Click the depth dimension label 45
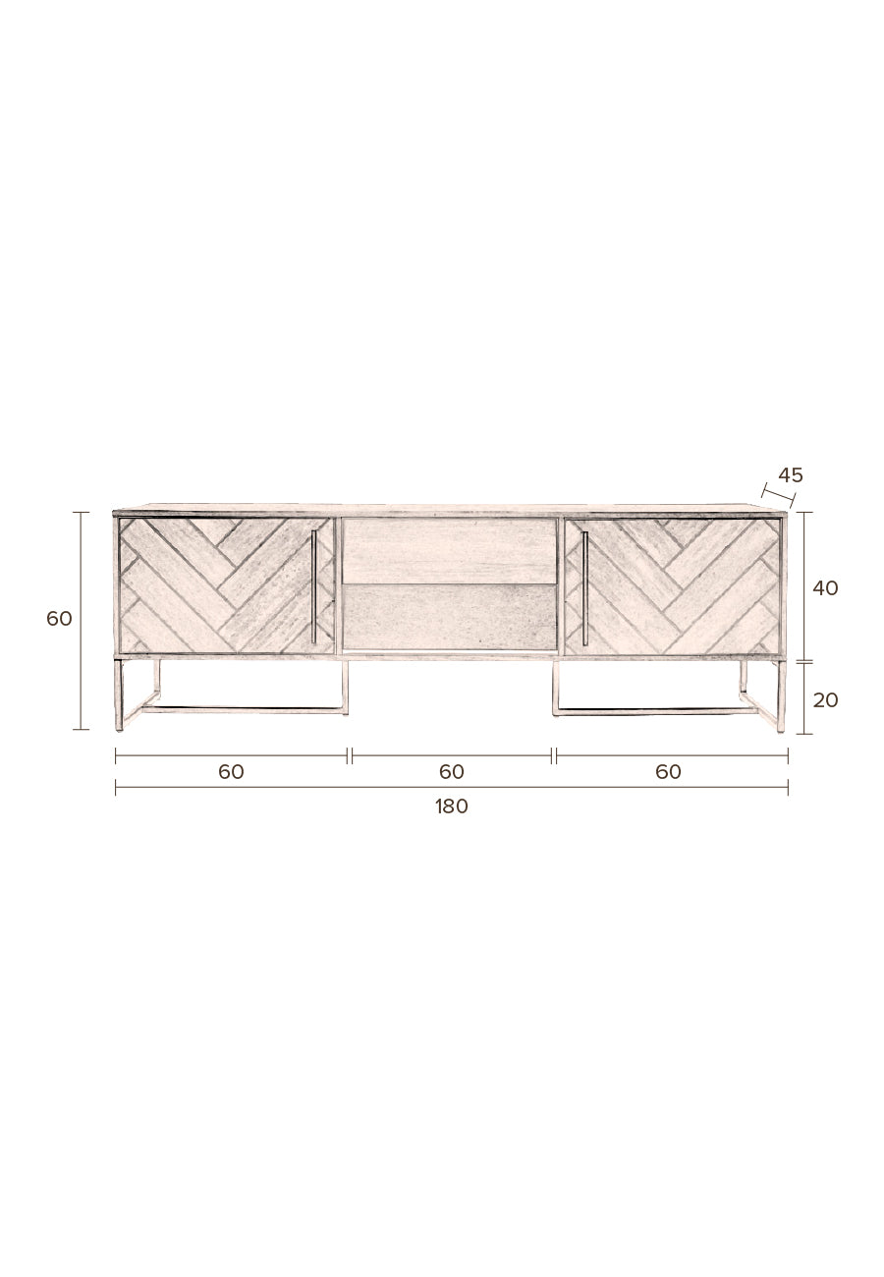pos(790,475)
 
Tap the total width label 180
pos(452,806)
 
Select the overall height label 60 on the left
pos(60,619)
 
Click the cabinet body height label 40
pos(825,588)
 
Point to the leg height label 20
pos(825,699)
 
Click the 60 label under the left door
pos(231,772)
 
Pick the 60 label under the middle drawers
pos(452,772)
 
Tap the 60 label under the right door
pos(668,772)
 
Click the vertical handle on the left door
pos(313,587)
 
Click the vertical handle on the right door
pos(584,587)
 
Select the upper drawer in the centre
pos(449,550)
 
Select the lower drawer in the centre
pos(449,617)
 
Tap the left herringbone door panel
pos(216,585)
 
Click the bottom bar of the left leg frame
pos(246,709)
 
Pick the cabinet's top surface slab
pos(450,509)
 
